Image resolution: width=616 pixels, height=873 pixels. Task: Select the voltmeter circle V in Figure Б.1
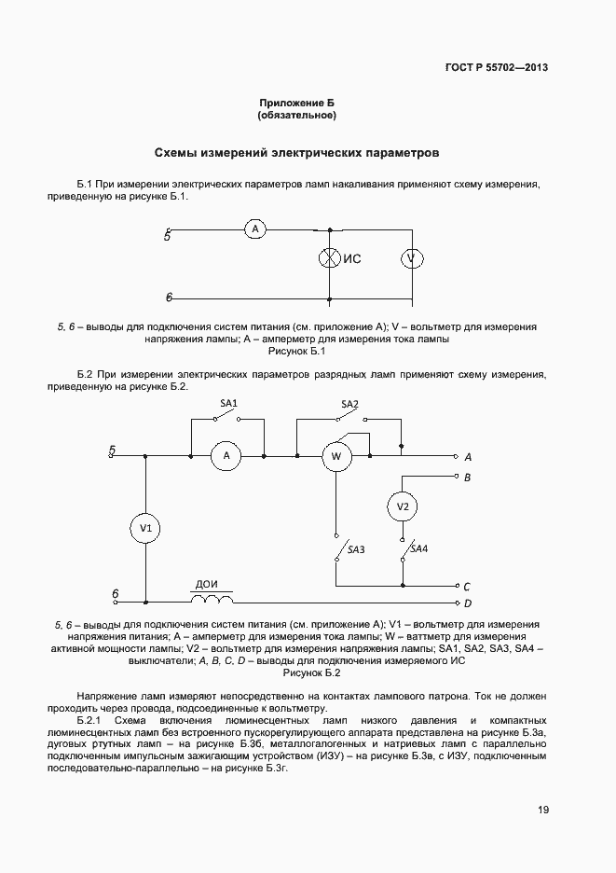[412, 258]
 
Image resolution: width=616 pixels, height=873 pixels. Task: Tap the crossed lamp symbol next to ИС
[329, 258]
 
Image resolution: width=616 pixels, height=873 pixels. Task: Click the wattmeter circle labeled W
[336, 456]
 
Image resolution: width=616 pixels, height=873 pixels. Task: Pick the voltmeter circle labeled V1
[145, 528]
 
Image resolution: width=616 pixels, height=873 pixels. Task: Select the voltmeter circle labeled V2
[403, 506]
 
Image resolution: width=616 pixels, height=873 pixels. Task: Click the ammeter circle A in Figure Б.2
[226, 456]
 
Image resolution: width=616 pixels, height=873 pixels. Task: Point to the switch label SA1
[228, 403]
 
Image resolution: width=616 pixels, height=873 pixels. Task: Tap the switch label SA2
[349, 403]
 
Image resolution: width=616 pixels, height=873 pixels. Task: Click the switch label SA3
[355, 550]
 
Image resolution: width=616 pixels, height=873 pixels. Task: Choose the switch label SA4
[419, 548]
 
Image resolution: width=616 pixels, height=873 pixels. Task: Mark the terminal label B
[467, 477]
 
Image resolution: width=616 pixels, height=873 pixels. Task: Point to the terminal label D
[468, 603]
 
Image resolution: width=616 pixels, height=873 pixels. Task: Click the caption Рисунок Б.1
[295, 351]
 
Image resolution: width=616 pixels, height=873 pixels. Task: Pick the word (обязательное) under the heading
[296, 115]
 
